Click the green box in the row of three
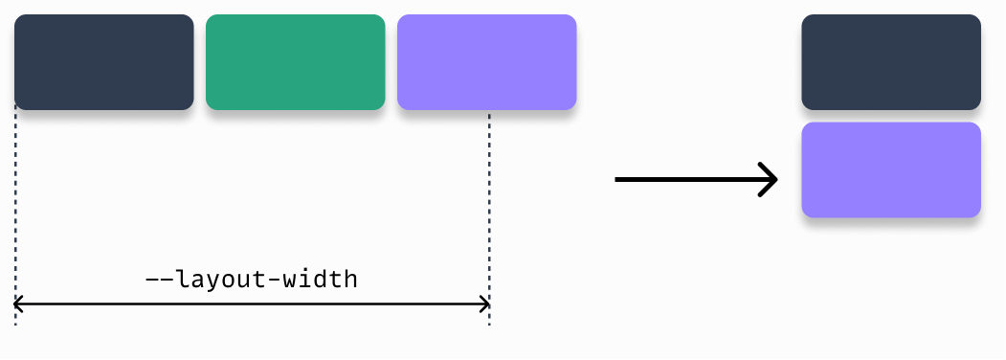295,62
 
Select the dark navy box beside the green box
103,62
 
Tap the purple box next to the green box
486,62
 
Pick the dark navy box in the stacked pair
891,62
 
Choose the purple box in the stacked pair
891,169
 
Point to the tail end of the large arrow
619,179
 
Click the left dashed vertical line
16,211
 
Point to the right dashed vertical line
489,211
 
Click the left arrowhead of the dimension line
18,305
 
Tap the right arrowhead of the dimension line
486,305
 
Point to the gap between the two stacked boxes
891,116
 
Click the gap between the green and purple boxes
391,62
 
